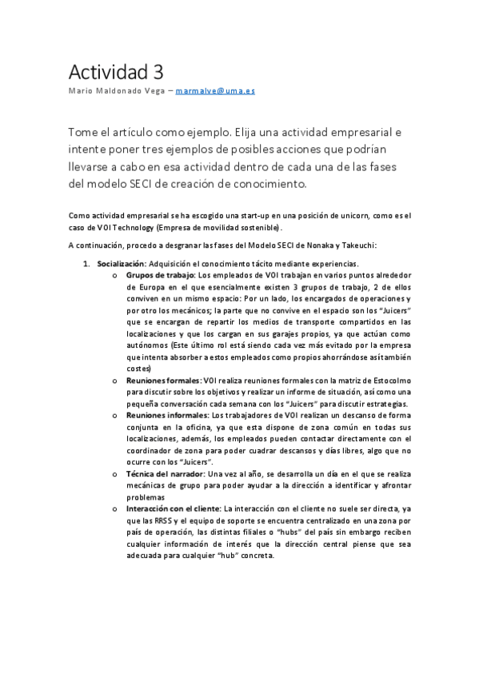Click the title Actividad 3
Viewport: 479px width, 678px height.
115,72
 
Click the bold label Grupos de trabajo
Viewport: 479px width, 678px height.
160,275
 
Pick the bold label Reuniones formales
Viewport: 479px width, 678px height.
163,381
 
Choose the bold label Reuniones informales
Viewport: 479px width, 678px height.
166,416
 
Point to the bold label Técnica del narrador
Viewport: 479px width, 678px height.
165,474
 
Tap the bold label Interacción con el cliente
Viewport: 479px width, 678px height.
174,508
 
